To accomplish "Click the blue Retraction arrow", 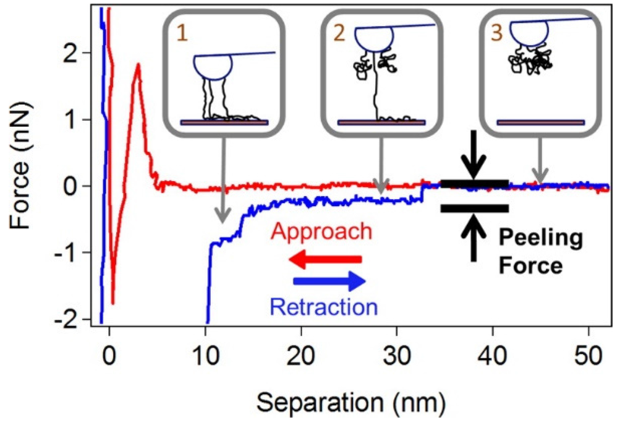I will pyautogui.click(x=329, y=282).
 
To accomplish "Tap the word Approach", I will pyautogui.click(x=321, y=232).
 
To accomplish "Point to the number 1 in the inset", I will pyautogui.click(x=182, y=32).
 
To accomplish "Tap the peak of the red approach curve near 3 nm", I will pyautogui.click(x=138, y=64).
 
